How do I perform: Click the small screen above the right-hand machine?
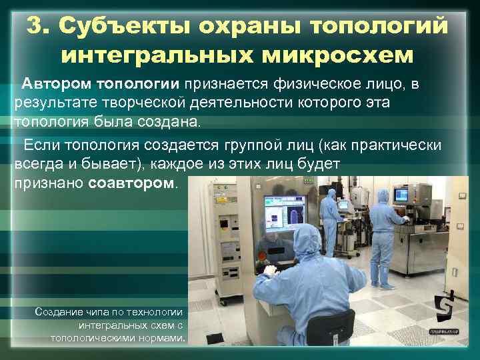pyautogui.click(x=401, y=195)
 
